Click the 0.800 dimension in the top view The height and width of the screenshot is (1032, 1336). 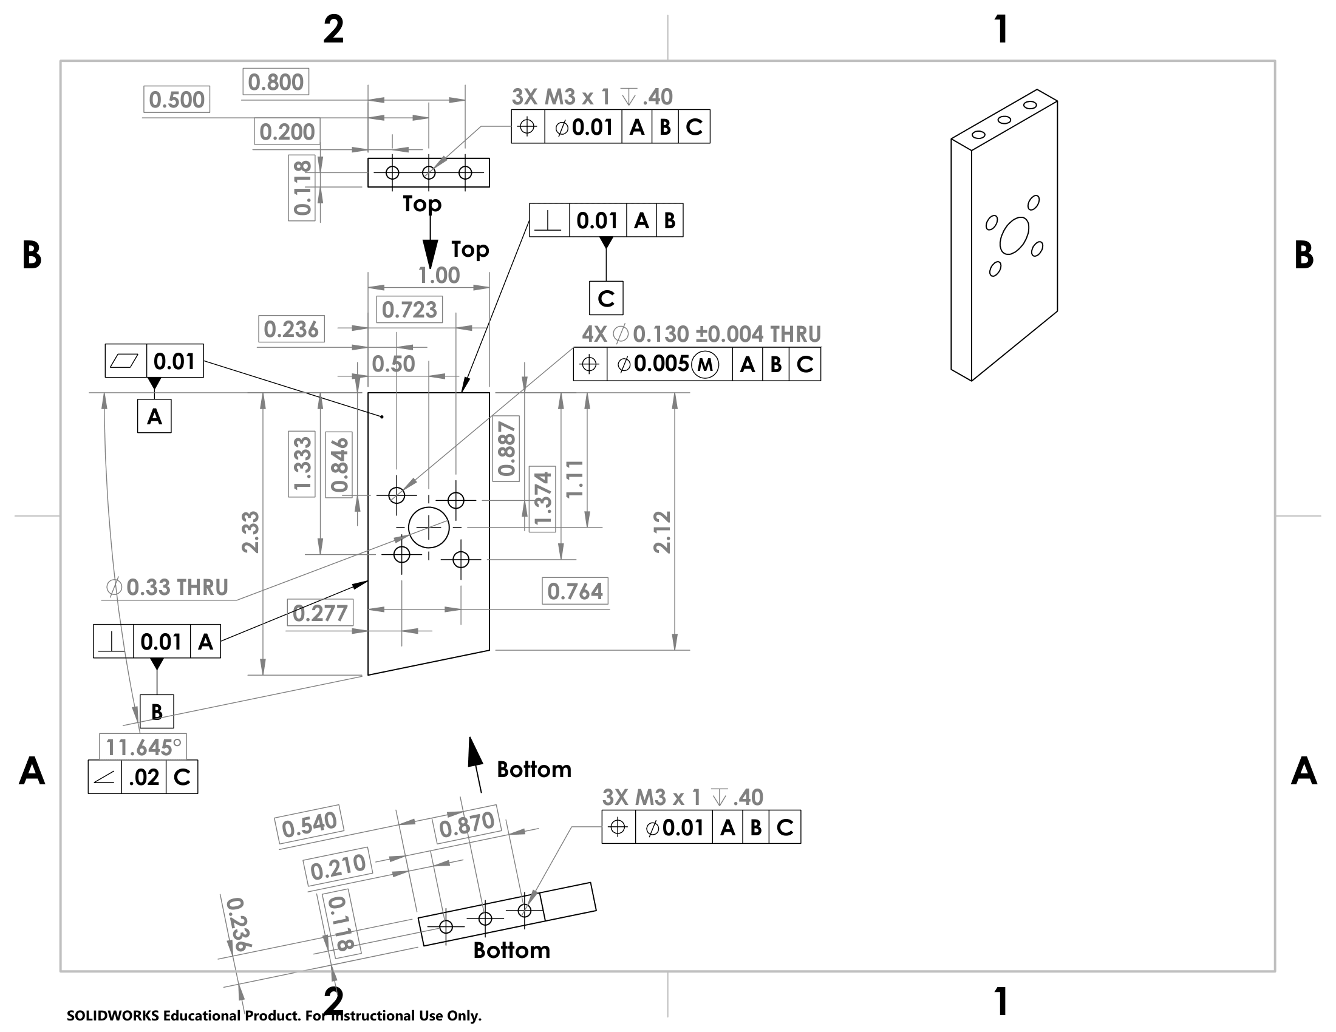[x=276, y=82]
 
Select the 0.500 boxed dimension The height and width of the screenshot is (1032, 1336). [x=177, y=100]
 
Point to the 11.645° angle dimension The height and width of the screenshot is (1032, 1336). [x=143, y=747]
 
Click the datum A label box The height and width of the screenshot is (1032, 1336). [x=154, y=416]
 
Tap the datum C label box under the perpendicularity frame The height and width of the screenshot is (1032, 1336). [x=605, y=298]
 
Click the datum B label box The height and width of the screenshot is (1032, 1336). [x=157, y=711]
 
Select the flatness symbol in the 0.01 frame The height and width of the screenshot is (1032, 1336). [x=124, y=361]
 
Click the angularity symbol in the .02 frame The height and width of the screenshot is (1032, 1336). [x=104, y=777]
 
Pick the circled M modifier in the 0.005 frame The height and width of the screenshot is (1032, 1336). [x=704, y=364]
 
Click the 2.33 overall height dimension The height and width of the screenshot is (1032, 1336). [x=251, y=532]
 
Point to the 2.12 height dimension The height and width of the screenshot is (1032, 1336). [x=663, y=532]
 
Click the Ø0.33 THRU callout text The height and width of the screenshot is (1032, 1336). [x=168, y=588]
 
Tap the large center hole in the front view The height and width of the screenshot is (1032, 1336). [x=429, y=527]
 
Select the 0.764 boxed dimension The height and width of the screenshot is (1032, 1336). [x=575, y=591]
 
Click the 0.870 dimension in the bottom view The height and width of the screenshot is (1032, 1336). [x=467, y=824]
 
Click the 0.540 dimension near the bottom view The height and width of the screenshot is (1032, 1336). [x=310, y=825]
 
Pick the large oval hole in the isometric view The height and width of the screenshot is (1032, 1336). [x=1014, y=236]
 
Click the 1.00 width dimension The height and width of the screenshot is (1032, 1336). [x=438, y=276]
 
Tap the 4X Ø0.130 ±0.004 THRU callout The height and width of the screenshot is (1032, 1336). [x=701, y=334]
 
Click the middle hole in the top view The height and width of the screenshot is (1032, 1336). [x=429, y=173]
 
